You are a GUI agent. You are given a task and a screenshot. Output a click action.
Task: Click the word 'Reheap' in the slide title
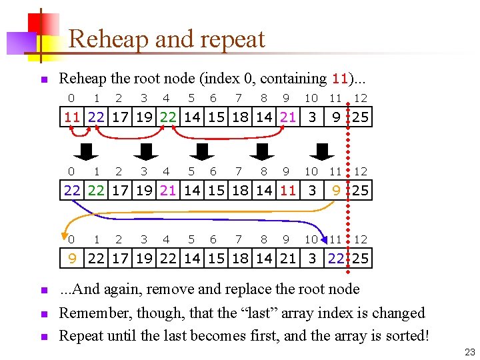(108, 39)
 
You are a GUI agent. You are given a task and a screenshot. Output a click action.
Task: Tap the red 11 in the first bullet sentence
(340, 79)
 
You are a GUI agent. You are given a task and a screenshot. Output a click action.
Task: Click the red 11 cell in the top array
(72, 118)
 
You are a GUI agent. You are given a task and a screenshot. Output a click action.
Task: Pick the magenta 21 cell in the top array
(287, 118)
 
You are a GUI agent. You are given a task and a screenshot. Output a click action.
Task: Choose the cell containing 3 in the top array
(311, 118)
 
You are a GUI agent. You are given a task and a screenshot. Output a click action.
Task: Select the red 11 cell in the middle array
(287, 191)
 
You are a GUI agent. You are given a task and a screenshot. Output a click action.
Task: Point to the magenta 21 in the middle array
(167, 191)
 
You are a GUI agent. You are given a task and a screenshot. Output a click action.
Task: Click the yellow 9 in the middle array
(336, 191)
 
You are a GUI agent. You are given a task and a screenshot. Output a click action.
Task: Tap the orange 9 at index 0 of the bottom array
(72, 259)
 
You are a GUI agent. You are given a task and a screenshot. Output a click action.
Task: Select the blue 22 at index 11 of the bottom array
(336, 259)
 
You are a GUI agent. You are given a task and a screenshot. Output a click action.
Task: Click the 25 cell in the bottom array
(361, 259)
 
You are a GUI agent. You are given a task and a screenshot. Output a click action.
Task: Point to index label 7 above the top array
(239, 99)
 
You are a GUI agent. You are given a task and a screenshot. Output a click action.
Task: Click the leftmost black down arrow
(84, 152)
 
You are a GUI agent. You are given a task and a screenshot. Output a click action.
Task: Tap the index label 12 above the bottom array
(361, 239)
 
